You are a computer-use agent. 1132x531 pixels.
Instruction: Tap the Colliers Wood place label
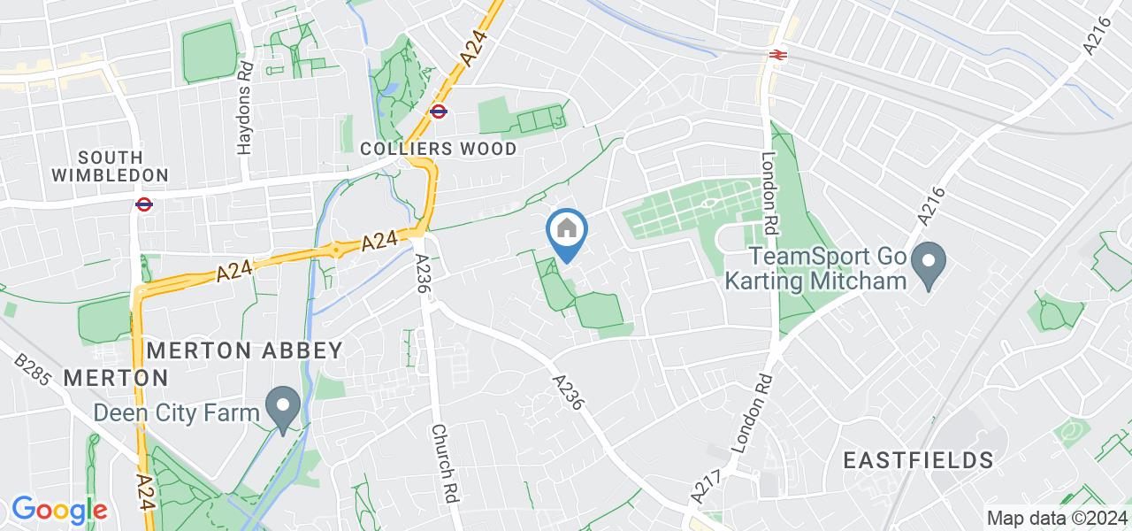click(439, 149)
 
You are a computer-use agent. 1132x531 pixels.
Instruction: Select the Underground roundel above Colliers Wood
click(438, 112)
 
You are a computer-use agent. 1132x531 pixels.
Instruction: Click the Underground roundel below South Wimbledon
click(144, 204)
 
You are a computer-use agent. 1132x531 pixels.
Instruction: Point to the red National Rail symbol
click(778, 54)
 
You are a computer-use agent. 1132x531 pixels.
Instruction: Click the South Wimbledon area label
click(110, 165)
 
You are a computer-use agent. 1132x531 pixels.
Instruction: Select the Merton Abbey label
click(244, 350)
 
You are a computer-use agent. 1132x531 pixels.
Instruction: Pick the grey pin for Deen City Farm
click(284, 408)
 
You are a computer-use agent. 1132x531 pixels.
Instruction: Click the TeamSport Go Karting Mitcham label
click(816, 269)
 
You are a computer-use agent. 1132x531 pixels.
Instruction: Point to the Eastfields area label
click(918, 460)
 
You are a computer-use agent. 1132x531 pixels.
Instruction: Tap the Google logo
click(59, 511)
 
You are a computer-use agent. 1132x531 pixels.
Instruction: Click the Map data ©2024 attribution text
click(1057, 518)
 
